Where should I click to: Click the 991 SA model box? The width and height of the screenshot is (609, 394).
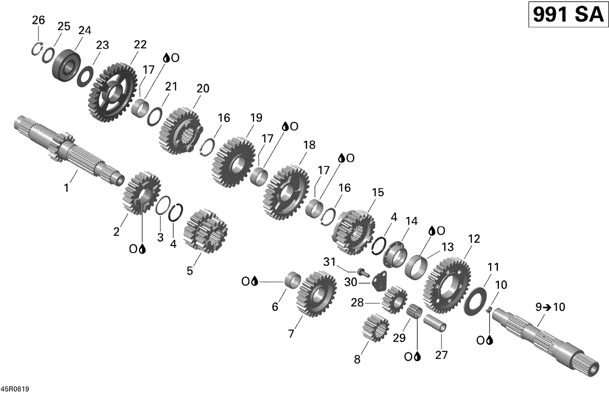[568, 15]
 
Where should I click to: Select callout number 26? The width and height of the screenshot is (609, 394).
[38, 20]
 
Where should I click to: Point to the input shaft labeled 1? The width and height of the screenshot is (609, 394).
[69, 152]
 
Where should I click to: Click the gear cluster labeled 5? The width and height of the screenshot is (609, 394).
[205, 230]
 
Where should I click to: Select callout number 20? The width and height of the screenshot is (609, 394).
[203, 88]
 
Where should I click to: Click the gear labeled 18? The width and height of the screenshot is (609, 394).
[287, 192]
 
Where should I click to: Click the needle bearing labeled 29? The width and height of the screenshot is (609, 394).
[414, 312]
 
